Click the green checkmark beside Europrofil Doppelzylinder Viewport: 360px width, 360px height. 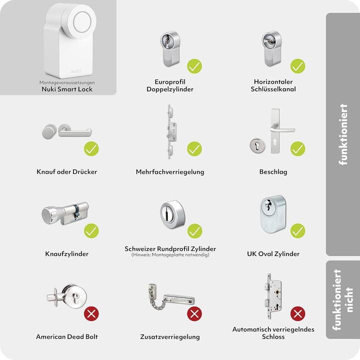[x=194, y=65]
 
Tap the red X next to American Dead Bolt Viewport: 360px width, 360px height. [x=91, y=314]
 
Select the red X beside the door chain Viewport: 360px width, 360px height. [x=194, y=314]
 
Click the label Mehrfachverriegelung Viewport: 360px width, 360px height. [x=170, y=172]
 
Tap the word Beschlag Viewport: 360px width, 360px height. [x=273, y=172]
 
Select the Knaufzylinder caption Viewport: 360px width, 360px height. [x=67, y=254]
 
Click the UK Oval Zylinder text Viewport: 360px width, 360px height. [x=273, y=254]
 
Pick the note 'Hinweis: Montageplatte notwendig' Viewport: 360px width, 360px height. [x=170, y=255]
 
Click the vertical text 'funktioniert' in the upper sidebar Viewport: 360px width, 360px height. [x=343, y=134]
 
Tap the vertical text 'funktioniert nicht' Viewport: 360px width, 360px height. [x=343, y=299]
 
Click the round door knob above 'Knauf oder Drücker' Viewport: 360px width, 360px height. [x=48, y=131]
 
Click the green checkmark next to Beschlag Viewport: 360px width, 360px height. [x=298, y=148]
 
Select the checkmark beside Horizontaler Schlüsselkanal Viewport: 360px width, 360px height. [x=298, y=65]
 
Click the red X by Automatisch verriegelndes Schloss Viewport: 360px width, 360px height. [x=298, y=314]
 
